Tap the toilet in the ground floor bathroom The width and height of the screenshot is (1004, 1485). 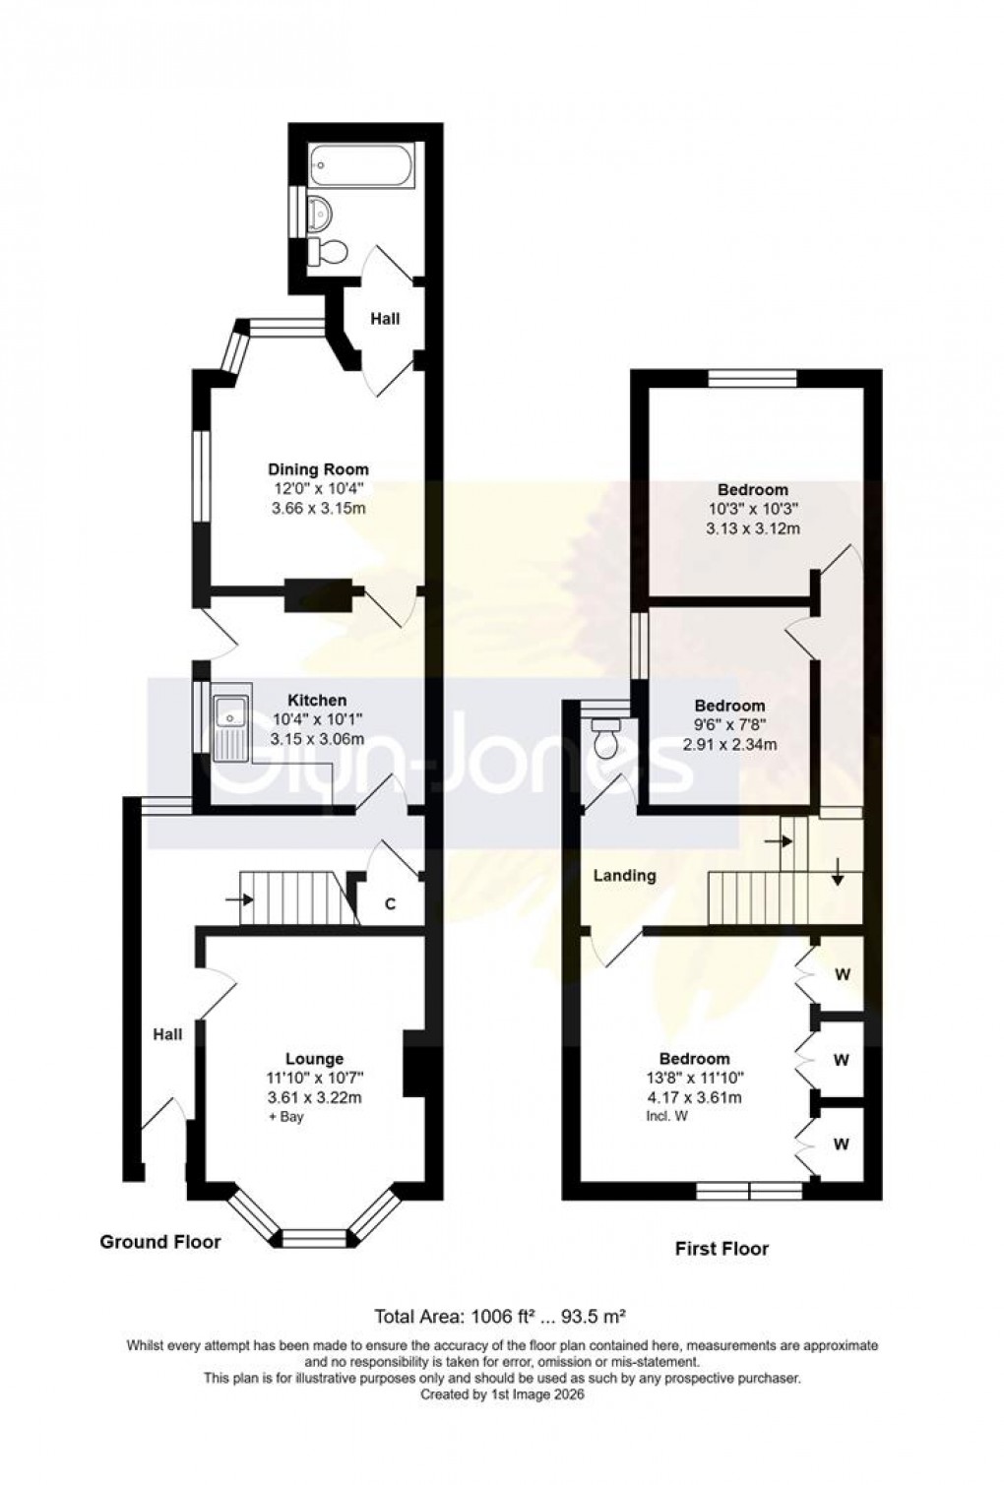(x=329, y=253)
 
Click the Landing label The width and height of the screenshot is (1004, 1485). (x=624, y=875)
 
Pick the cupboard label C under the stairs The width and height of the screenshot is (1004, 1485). (x=390, y=904)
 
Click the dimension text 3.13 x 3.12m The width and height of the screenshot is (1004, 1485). (x=753, y=528)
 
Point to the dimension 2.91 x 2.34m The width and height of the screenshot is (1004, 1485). (x=729, y=744)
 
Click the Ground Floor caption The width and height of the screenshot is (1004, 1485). (x=160, y=1243)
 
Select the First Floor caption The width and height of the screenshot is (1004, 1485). (x=722, y=1249)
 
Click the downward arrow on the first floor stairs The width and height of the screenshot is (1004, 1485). (x=837, y=872)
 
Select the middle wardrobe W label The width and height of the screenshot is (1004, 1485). (x=841, y=1060)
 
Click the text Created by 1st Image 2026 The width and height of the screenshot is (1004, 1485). (x=502, y=1394)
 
